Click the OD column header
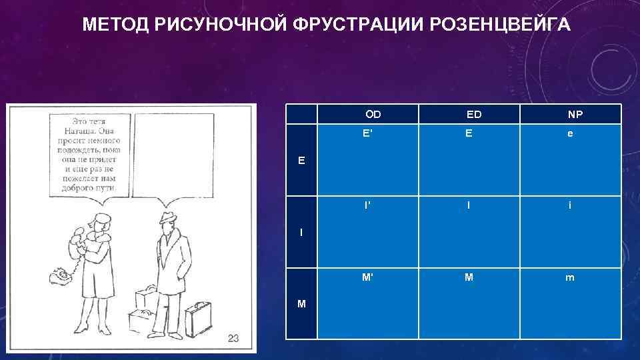pos(373,115)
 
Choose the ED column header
pos(474,115)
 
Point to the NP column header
pos(575,115)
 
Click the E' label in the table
pos(367,133)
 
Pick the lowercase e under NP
pos(569,133)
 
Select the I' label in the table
pos(367,205)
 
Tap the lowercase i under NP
pos(569,205)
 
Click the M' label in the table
pos(367,277)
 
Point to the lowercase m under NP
pos(569,278)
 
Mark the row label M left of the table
pos(302,304)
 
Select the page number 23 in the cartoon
pos(233,339)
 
